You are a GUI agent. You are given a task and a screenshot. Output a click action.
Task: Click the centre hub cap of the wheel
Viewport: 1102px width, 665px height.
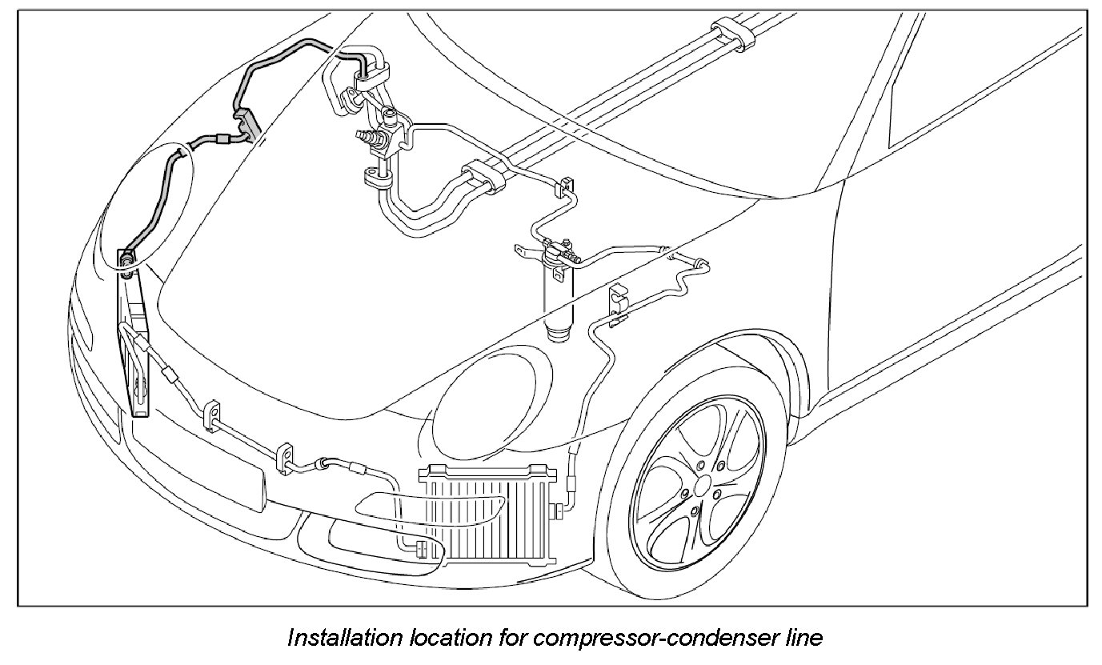703,486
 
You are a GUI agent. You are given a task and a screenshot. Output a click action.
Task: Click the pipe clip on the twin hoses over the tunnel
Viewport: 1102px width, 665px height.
478,178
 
